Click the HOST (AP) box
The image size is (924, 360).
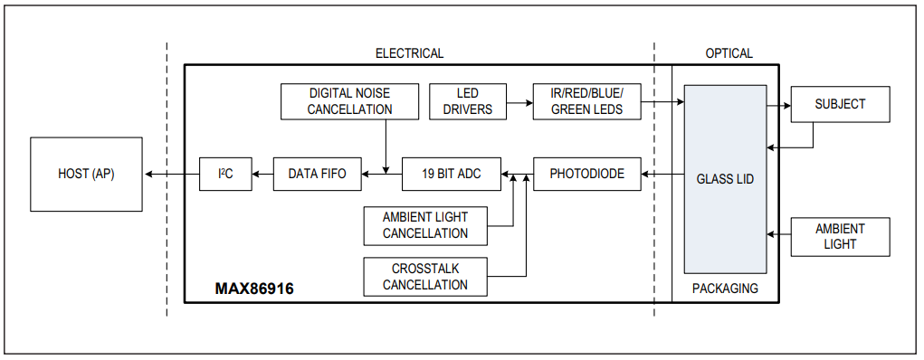click(x=86, y=174)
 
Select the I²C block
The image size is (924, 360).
click(x=225, y=174)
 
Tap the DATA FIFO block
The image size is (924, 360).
click(x=317, y=174)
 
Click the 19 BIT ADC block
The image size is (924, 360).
click(x=452, y=174)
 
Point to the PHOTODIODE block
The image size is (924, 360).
click(x=586, y=174)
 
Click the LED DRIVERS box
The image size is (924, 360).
click(x=467, y=101)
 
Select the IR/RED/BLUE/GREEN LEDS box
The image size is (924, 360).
click(x=586, y=101)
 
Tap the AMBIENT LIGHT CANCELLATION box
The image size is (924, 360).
click(x=424, y=225)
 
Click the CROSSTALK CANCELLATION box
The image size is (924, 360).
click(x=424, y=277)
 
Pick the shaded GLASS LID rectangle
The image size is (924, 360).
click(x=725, y=179)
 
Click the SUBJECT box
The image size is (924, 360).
click(x=840, y=104)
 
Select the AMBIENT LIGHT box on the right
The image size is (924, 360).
click(x=840, y=236)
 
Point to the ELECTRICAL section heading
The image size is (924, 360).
click(x=409, y=53)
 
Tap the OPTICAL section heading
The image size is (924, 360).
click(x=729, y=53)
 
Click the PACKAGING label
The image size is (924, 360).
click(x=725, y=289)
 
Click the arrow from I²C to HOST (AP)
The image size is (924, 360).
click(x=171, y=174)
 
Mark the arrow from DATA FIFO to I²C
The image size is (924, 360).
click(x=262, y=174)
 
